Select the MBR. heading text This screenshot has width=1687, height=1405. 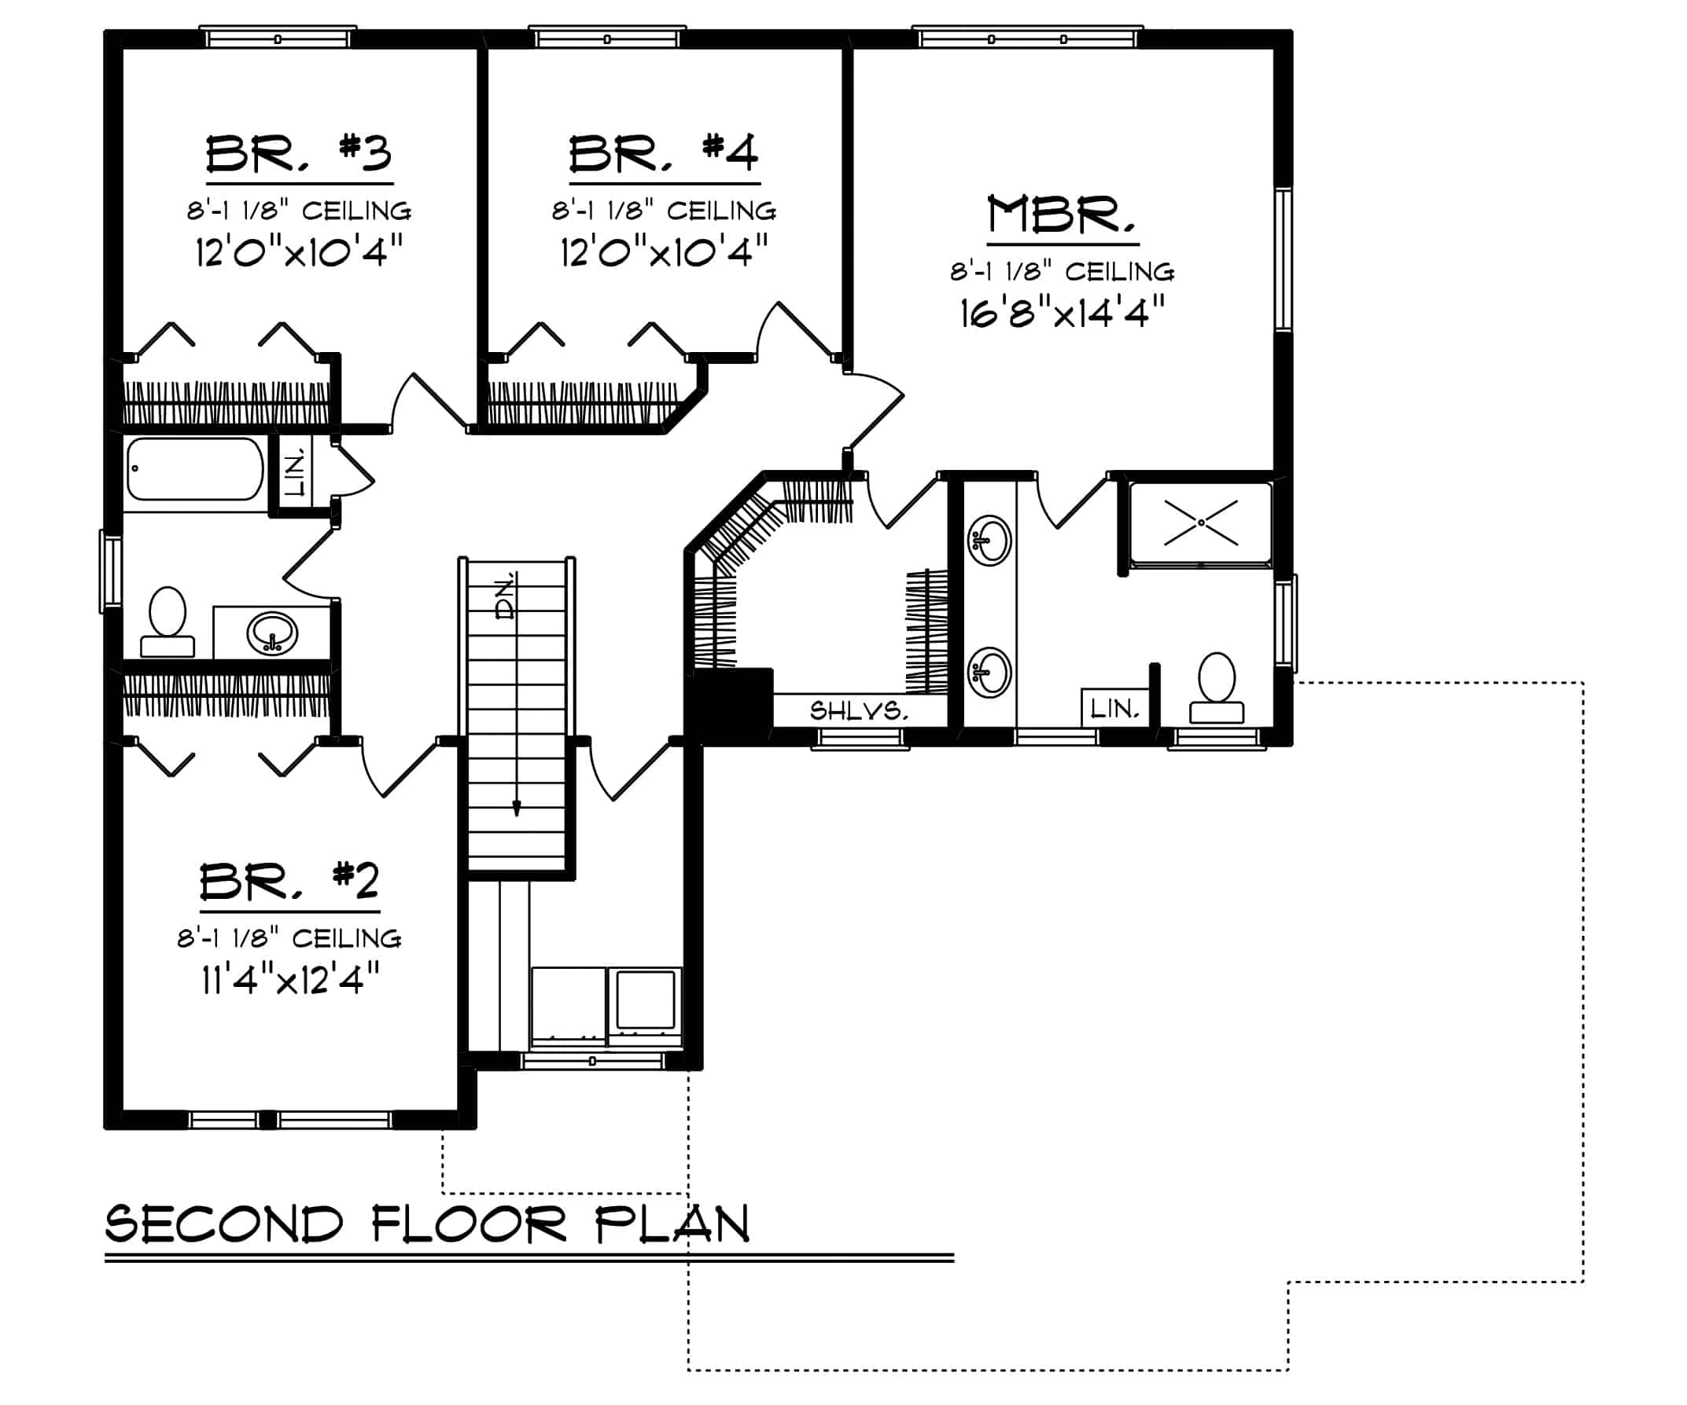click(1062, 215)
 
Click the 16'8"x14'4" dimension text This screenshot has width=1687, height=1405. click(1062, 312)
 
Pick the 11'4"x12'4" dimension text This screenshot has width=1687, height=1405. click(290, 978)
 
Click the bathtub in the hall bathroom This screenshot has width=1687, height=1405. click(194, 469)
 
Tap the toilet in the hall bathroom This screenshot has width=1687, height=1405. click(168, 622)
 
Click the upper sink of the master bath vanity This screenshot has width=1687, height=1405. click(989, 541)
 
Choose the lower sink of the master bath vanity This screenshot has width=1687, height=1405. click(989, 671)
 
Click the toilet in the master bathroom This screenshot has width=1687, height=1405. click(1216, 688)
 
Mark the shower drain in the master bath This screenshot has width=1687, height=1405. click(1201, 522)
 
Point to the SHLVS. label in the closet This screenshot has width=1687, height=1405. click(859, 710)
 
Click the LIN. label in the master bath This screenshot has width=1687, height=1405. click(1114, 708)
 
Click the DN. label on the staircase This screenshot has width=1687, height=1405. click(506, 596)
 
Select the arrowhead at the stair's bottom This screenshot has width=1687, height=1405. click(517, 809)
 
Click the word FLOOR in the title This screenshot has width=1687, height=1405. click(470, 1224)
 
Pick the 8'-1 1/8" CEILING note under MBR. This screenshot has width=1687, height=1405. click(1062, 272)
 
